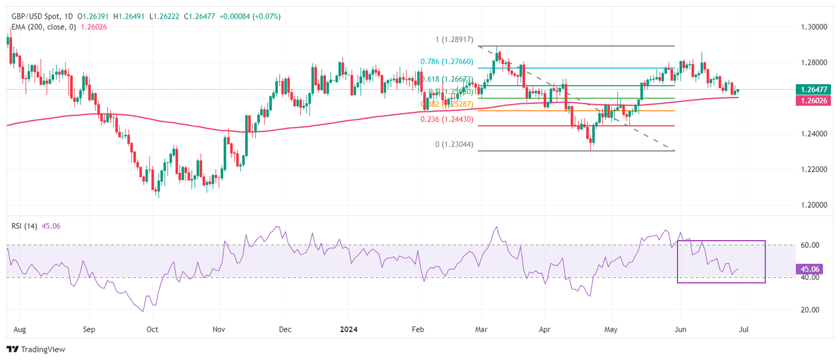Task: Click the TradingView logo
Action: tap(36, 349)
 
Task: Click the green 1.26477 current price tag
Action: tap(815, 89)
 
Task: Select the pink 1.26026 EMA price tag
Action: tap(815, 100)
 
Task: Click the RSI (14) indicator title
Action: tap(24, 226)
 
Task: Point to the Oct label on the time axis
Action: tap(153, 330)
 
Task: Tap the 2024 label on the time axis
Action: tap(348, 330)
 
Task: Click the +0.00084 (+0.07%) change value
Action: tap(250, 16)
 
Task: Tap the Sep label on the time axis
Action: tap(89, 330)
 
